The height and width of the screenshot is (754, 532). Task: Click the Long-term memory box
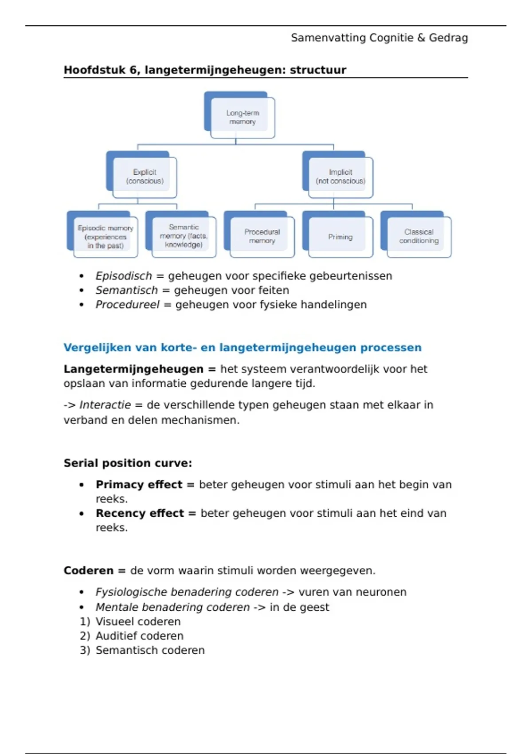242,117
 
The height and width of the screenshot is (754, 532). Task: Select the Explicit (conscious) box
145,177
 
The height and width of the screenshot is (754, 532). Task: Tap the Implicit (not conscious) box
340,177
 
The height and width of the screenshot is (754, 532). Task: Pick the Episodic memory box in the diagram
106,237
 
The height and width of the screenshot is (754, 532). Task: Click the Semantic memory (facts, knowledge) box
184,236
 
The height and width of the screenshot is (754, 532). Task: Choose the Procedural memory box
262,236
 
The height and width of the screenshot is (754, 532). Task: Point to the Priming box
340,237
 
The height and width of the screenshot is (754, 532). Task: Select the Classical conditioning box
419,236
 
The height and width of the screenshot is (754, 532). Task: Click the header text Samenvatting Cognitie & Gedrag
379,38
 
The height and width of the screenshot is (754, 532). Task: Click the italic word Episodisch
124,276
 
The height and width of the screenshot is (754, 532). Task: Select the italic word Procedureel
127,305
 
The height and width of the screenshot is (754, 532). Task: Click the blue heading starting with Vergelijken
242,348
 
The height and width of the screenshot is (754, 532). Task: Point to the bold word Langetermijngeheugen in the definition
133,369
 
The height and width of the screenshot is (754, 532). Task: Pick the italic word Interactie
105,405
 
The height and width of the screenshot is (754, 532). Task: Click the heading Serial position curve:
128,463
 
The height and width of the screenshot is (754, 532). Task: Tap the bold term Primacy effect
139,485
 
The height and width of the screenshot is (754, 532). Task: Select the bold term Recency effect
140,514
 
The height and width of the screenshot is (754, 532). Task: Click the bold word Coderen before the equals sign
88,571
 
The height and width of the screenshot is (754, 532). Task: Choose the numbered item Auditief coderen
139,636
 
